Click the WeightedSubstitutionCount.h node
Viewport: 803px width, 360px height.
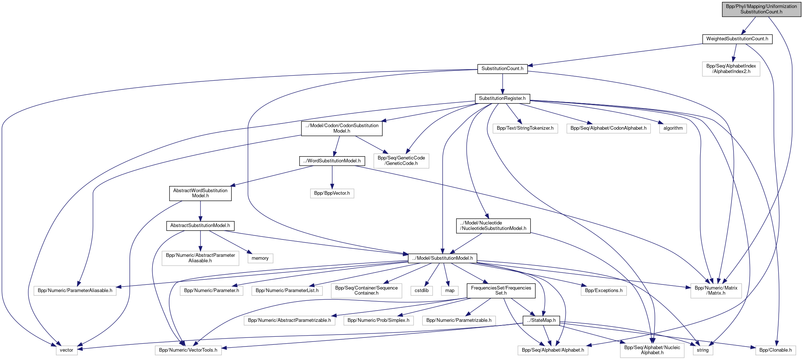(737, 39)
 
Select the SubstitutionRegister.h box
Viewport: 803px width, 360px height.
(502, 98)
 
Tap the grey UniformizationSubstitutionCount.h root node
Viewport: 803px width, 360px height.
(761, 9)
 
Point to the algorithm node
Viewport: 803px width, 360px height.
(673, 128)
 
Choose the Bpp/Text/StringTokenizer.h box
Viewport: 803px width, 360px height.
(525, 128)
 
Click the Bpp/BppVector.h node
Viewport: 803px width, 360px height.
(332, 193)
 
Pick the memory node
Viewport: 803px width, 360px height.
(260, 258)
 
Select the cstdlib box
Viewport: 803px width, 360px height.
(421, 291)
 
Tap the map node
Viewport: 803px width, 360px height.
(450, 291)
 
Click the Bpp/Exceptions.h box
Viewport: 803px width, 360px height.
(603, 291)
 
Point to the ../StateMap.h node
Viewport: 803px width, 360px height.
(541, 320)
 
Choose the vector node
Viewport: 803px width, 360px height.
(66, 350)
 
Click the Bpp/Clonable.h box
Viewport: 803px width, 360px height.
(775, 350)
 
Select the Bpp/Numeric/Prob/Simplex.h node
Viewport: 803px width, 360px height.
(378, 320)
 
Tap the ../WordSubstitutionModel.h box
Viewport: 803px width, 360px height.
(332, 161)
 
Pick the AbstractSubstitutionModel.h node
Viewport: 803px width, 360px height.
(200, 226)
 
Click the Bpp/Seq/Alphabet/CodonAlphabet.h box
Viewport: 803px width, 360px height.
(608, 128)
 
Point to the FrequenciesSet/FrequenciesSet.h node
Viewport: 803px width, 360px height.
(501, 291)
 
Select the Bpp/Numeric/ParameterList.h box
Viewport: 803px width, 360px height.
(287, 291)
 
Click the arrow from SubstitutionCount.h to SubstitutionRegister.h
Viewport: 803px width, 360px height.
(502, 84)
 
